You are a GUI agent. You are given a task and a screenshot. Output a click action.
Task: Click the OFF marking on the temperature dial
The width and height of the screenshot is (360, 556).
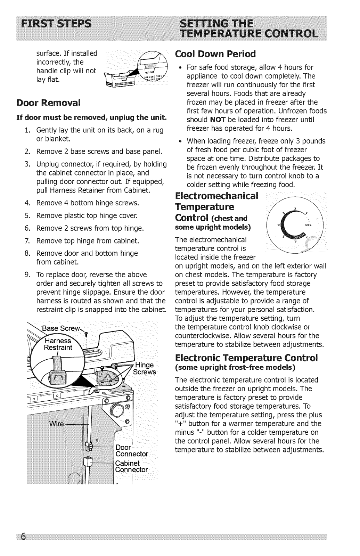point(307,225)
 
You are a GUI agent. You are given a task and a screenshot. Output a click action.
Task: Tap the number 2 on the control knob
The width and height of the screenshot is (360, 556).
point(295,208)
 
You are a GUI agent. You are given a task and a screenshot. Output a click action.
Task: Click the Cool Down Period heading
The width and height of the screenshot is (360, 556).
point(215,54)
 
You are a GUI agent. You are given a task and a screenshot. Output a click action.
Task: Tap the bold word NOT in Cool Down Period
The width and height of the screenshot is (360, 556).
point(218,120)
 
